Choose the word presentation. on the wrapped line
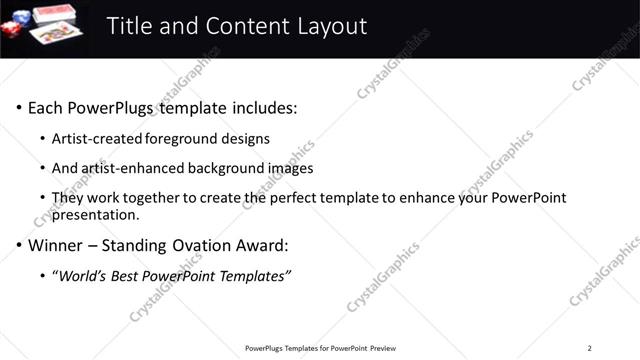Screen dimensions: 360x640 coord(96,214)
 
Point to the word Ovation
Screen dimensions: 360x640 coord(207,245)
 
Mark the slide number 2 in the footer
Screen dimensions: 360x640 coord(590,348)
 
